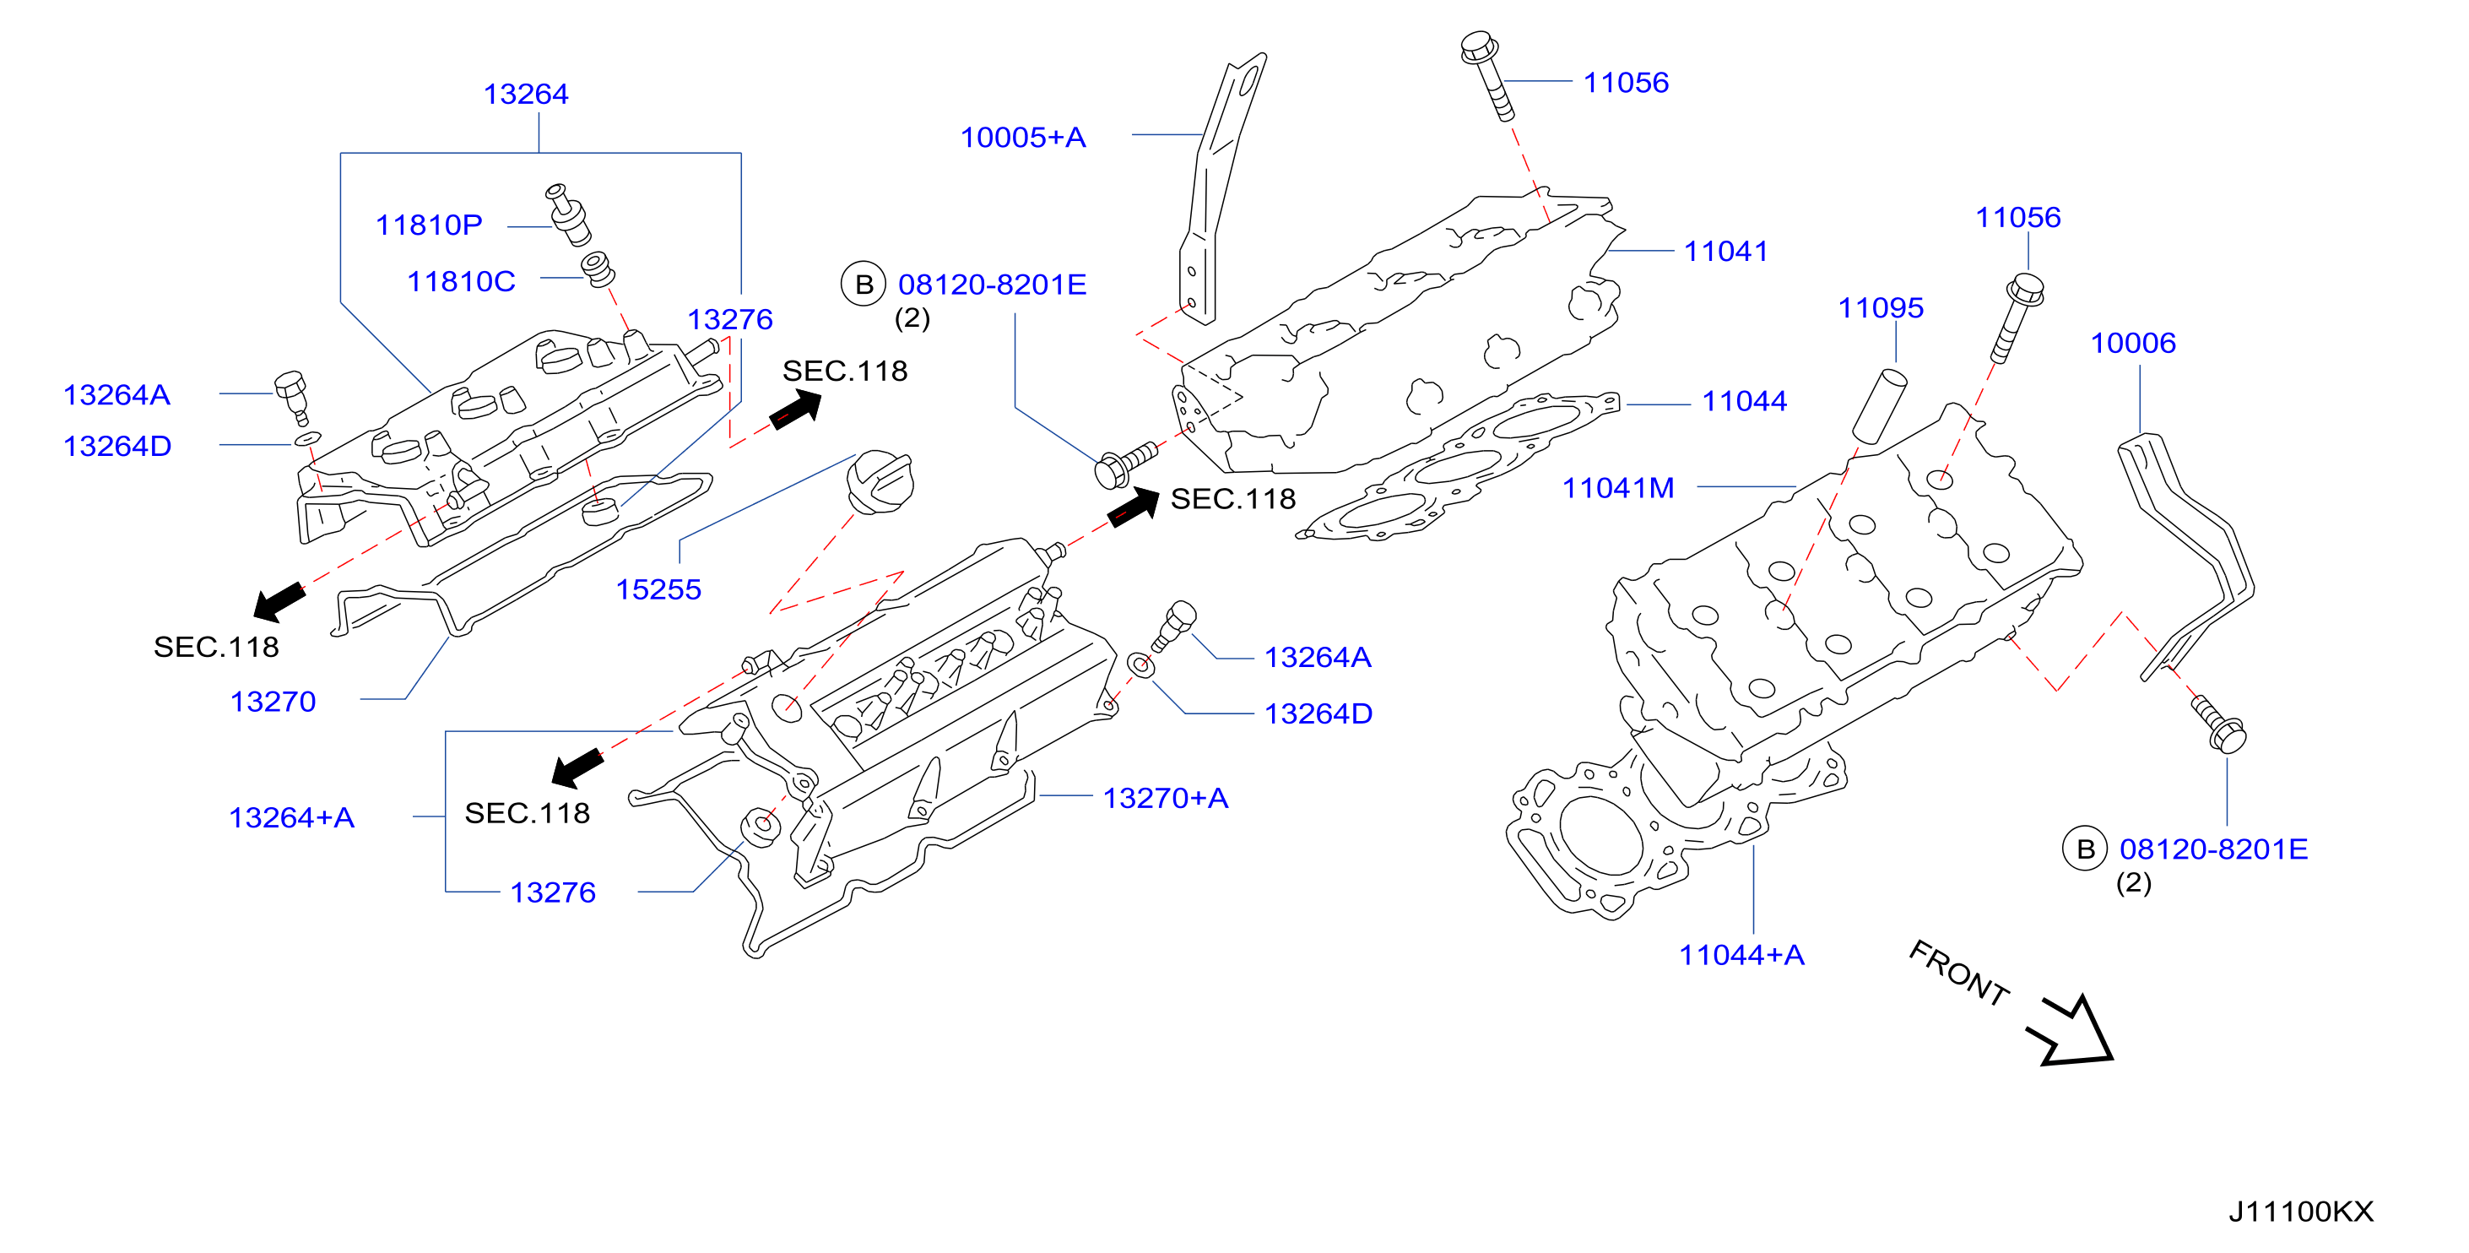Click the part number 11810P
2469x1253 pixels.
pos(429,225)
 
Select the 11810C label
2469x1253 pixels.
pos(461,282)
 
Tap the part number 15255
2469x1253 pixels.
pos(658,589)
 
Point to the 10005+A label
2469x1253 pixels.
pos(1023,137)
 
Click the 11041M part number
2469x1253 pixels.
pos(1618,488)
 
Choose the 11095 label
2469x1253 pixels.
pos(1881,307)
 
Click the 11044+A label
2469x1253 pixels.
pos(1741,955)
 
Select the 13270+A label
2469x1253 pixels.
pos(1166,799)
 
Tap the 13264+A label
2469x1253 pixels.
pos(291,818)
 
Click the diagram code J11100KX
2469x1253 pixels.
pos(2300,1212)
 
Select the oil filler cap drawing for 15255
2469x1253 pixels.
pos(880,481)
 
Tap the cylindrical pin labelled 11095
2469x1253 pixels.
pos(1880,404)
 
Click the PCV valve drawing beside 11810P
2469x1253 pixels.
pos(568,214)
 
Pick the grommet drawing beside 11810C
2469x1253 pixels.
pos(599,268)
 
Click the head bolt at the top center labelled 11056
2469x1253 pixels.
pos(1487,76)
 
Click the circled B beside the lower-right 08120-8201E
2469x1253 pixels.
pos(2085,849)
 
